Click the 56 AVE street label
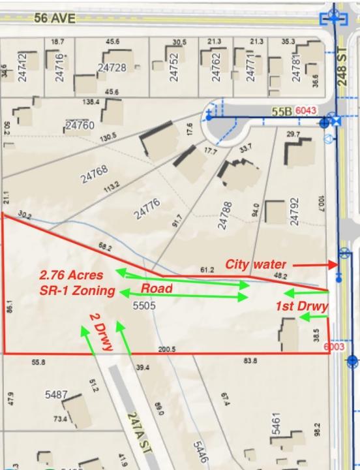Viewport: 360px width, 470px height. [x=55, y=18]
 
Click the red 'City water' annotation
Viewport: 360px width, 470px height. [x=256, y=264]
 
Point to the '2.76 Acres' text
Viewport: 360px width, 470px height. [x=74, y=275]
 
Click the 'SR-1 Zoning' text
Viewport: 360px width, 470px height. [x=77, y=290]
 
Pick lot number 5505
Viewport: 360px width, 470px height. [x=143, y=305]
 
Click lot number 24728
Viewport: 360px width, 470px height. [x=112, y=67]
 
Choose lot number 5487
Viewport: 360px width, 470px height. [x=56, y=396]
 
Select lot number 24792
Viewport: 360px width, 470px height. [x=294, y=212]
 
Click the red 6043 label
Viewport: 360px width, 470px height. [x=306, y=112]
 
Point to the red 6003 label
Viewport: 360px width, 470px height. [x=335, y=347]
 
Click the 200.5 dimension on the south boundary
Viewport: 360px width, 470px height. [x=166, y=349]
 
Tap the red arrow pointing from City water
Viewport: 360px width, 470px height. [x=314, y=265]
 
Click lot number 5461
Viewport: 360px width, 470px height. [x=276, y=426]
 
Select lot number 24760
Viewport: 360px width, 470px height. [x=80, y=125]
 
